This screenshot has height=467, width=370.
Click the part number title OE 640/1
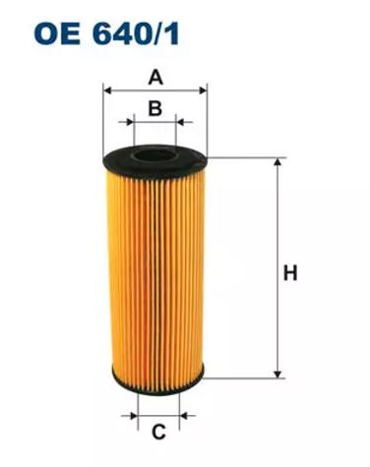point(106,33)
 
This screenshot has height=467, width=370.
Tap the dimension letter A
point(155,78)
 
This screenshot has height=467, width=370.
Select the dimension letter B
point(155,108)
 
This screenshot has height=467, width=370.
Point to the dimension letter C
point(158,432)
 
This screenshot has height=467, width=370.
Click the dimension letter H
point(290,273)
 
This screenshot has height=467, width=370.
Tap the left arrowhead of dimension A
point(108,89)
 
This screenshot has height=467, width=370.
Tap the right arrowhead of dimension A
point(203,89)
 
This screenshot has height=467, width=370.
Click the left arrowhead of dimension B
point(130,122)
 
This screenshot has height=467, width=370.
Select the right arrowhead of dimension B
point(180,122)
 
